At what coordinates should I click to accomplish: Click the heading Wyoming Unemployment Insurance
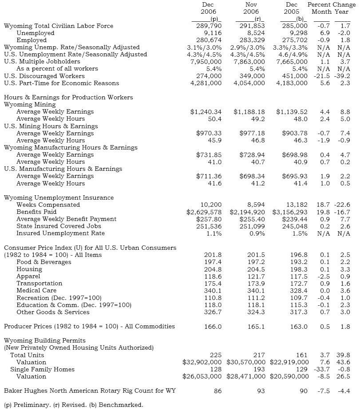tap(59, 197)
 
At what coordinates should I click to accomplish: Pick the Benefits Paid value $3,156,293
tap(290, 212)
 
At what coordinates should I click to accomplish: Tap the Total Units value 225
tap(216, 355)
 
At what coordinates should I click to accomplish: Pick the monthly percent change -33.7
tap(322, 369)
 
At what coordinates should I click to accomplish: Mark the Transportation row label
tap(40, 283)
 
